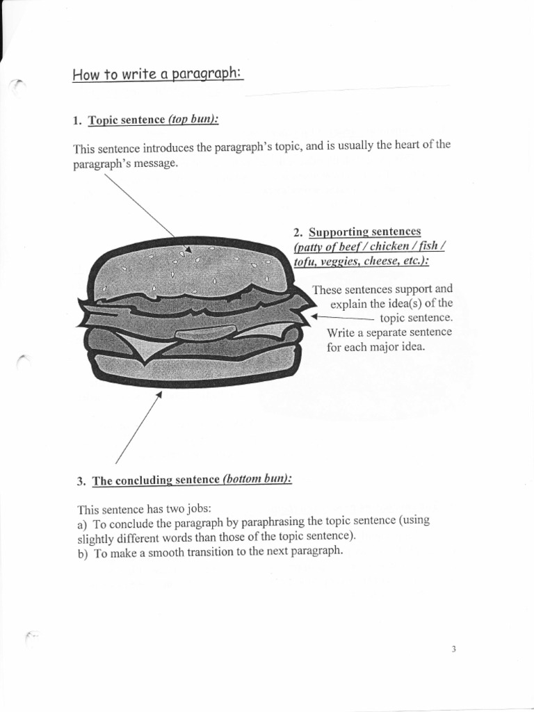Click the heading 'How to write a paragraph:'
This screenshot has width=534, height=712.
pos(157,74)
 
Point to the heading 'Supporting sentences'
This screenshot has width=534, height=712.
pos(365,232)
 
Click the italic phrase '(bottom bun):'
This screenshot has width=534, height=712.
pos(257,480)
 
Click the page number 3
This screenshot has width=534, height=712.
pos(453,649)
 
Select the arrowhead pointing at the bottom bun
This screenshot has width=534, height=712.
pos(159,394)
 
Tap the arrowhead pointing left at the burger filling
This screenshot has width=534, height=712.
pos(314,316)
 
